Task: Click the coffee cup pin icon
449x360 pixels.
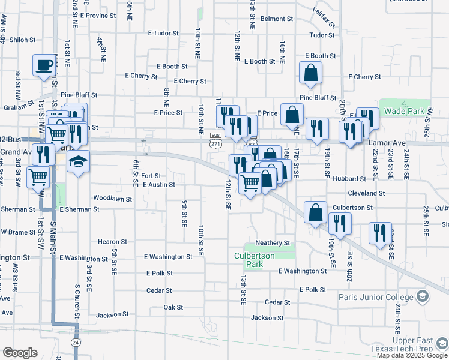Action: point(44,65)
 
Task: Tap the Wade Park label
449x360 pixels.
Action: point(404,111)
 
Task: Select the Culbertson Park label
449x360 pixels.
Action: point(254,260)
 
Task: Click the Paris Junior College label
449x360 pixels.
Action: point(382,297)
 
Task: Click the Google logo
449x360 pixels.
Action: point(20,353)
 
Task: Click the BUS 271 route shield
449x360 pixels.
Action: point(215,141)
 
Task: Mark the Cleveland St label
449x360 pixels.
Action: point(366,193)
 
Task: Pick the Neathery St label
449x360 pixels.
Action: point(273,243)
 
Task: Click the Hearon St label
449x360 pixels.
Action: point(113,242)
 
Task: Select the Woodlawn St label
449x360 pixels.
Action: point(112,198)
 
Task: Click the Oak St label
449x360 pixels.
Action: point(173,307)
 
